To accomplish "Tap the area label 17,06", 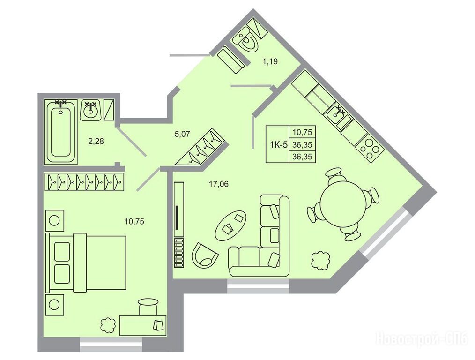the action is [218, 184].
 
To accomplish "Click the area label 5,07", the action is [182, 134].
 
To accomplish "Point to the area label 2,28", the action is [96, 141].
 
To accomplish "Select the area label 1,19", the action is [270, 62].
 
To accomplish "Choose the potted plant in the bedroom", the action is [108, 325].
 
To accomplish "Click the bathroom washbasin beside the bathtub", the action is [90, 111].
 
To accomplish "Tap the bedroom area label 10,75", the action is [134, 222].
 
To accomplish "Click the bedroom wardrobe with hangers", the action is [84, 182].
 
